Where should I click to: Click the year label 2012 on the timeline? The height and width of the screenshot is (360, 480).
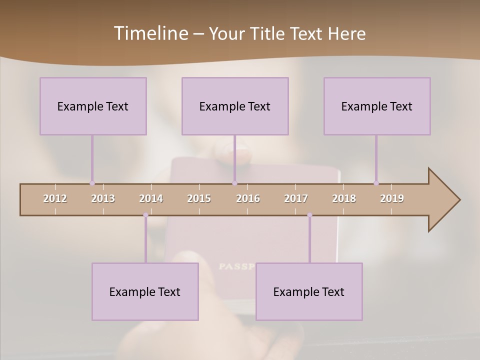(55, 198)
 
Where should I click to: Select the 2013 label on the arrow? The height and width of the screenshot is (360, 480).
(103, 198)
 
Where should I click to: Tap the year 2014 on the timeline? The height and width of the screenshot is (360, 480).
(151, 198)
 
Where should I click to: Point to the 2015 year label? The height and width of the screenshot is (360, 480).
(199, 198)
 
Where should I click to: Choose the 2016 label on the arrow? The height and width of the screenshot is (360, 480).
(248, 198)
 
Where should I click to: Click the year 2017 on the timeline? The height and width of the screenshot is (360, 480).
(296, 198)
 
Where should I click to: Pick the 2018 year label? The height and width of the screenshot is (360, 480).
(344, 198)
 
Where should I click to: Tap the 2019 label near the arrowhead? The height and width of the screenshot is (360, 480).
(392, 198)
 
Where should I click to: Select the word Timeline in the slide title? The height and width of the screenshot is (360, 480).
(150, 33)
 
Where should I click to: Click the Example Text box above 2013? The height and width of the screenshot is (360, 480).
(93, 106)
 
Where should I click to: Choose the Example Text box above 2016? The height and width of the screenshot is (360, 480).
(235, 106)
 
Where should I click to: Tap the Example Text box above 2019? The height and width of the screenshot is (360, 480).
(377, 106)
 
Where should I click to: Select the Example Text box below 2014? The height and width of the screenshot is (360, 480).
(145, 291)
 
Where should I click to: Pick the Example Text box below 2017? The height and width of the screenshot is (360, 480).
(309, 291)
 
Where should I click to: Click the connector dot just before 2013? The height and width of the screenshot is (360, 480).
(92, 183)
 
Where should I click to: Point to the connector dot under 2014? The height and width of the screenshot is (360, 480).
(145, 215)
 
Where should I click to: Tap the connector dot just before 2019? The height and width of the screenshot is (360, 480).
(376, 183)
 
